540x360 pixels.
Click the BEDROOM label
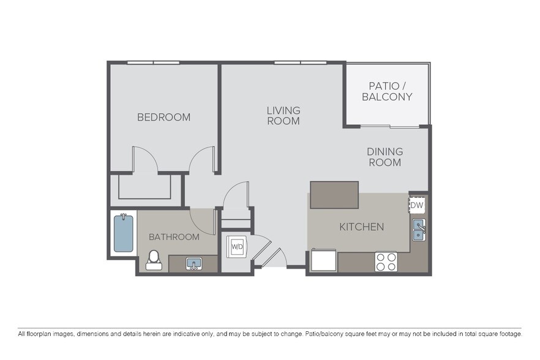(x=163, y=117)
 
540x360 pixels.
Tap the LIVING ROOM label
(x=283, y=116)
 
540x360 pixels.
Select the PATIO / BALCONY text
(x=387, y=91)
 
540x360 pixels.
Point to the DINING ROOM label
(x=384, y=157)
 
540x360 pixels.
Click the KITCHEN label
(x=362, y=227)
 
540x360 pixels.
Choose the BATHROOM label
(x=174, y=236)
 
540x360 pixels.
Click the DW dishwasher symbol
(x=417, y=204)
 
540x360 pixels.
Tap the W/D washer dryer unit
(x=237, y=247)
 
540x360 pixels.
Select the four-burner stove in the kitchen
(x=386, y=261)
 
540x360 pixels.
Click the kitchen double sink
(x=419, y=230)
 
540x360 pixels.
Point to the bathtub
(x=123, y=233)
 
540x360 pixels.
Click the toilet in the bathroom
(x=154, y=260)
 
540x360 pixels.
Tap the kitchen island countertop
(x=334, y=195)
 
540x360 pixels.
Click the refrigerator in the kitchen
(x=323, y=260)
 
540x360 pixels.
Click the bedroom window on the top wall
(x=153, y=62)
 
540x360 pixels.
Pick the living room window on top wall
(x=300, y=62)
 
